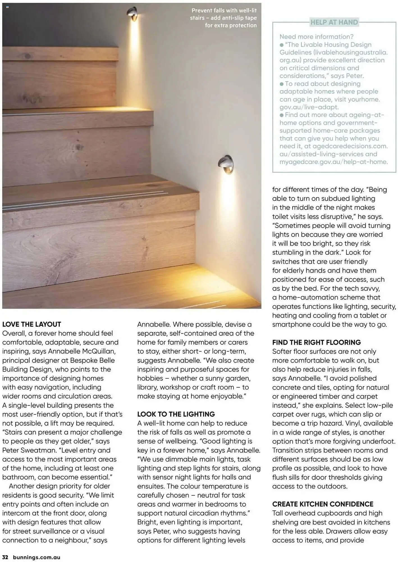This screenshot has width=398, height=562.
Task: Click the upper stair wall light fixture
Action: (132, 13)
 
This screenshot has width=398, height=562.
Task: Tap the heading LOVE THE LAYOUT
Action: (32, 324)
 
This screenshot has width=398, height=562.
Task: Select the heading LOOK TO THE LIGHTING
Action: (176, 414)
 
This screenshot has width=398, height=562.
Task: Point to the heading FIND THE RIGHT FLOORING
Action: (316, 342)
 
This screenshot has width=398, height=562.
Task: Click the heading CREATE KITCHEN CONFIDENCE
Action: (323, 504)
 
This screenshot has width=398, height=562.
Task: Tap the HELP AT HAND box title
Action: (334, 22)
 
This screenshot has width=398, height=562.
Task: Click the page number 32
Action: (5, 557)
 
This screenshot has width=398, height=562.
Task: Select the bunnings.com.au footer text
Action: (36, 557)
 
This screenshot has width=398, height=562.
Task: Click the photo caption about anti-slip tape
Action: (223, 18)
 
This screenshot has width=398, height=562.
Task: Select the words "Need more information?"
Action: (316, 37)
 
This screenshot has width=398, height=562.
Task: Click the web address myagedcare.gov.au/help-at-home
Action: (333, 162)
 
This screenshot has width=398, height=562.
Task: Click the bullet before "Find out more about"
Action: (282, 115)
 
